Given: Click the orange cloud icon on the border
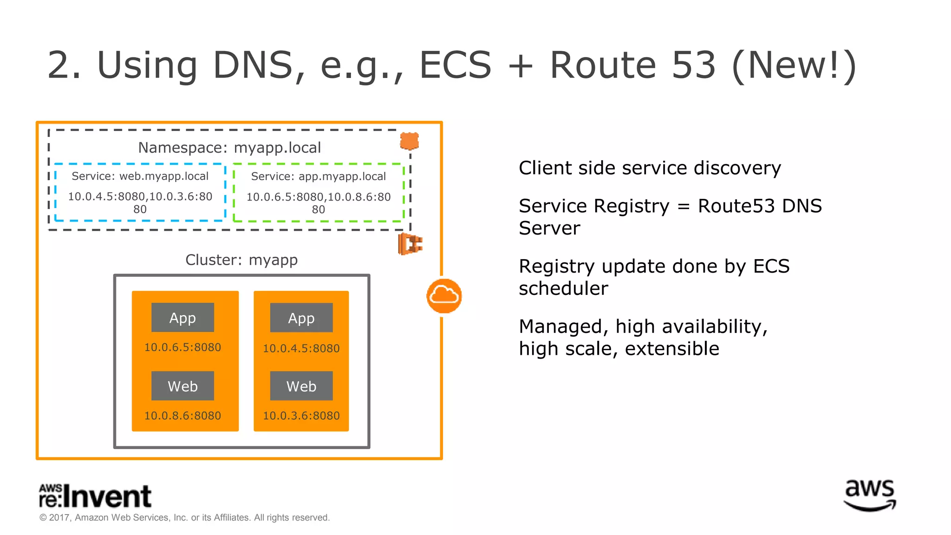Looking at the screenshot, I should pos(444,296).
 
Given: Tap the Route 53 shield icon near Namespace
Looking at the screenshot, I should pos(409,141).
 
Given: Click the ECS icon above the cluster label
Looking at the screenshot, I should pos(410,244).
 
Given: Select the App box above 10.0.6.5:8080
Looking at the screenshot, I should pos(182,318).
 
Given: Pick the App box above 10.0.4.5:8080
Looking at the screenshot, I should pos(301,318).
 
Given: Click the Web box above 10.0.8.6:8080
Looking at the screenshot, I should pos(182,386).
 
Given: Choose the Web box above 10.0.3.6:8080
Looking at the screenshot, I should pos(301,386).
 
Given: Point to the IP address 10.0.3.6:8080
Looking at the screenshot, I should pos(301,416).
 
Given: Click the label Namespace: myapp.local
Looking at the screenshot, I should pos(229,148).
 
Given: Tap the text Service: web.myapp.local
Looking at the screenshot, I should pos(140,176).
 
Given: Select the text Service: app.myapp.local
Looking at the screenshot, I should pos(318,176).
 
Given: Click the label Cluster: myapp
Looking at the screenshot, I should pos(241,260).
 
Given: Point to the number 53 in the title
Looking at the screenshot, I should pos(694,65).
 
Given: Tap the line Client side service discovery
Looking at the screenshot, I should pos(650,168).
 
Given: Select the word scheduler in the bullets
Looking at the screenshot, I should pos(563,288).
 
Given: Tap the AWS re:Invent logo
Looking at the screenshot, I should pos(95,496).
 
